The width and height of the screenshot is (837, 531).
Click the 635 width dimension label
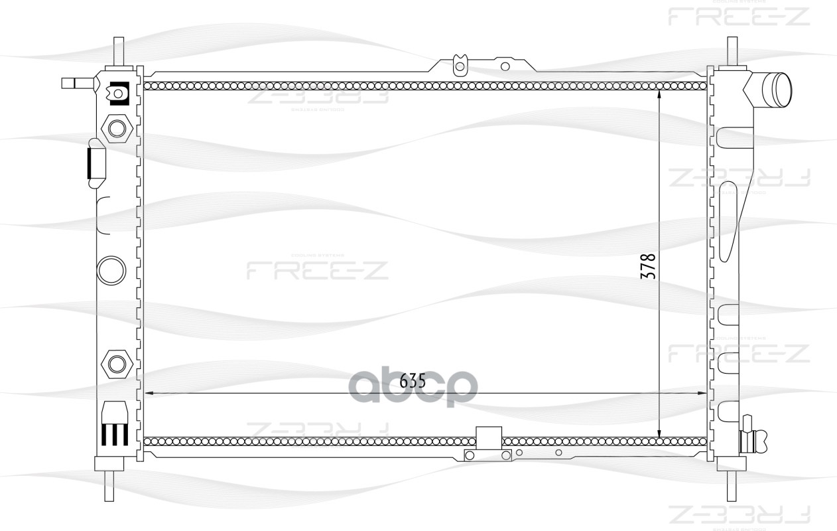pyautogui.click(x=412, y=381)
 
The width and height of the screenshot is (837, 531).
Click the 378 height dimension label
pyautogui.click(x=649, y=265)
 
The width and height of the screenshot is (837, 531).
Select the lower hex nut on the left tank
pyautogui.click(x=117, y=363)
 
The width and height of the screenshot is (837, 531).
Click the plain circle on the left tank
pyautogui.click(x=111, y=269)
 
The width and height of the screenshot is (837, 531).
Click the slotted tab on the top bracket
pyautogui.click(x=458, y=65)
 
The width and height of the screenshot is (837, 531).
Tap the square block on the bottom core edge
pyautogui.click(x=489, y=437)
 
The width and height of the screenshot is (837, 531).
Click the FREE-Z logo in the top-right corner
pyautogui.click(x=738, y=15)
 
